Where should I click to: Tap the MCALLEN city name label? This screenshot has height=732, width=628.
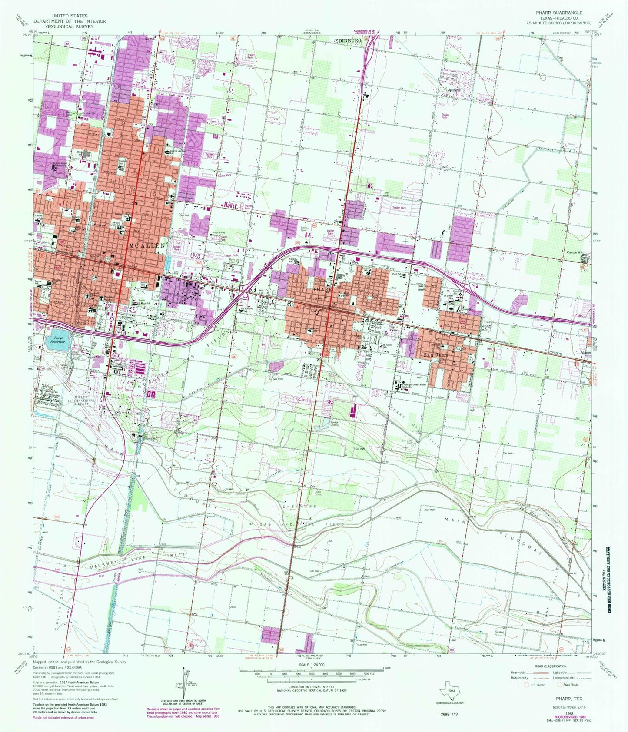click(x=147, y=245)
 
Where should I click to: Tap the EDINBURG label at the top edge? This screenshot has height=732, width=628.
click(x=349, y=40)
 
